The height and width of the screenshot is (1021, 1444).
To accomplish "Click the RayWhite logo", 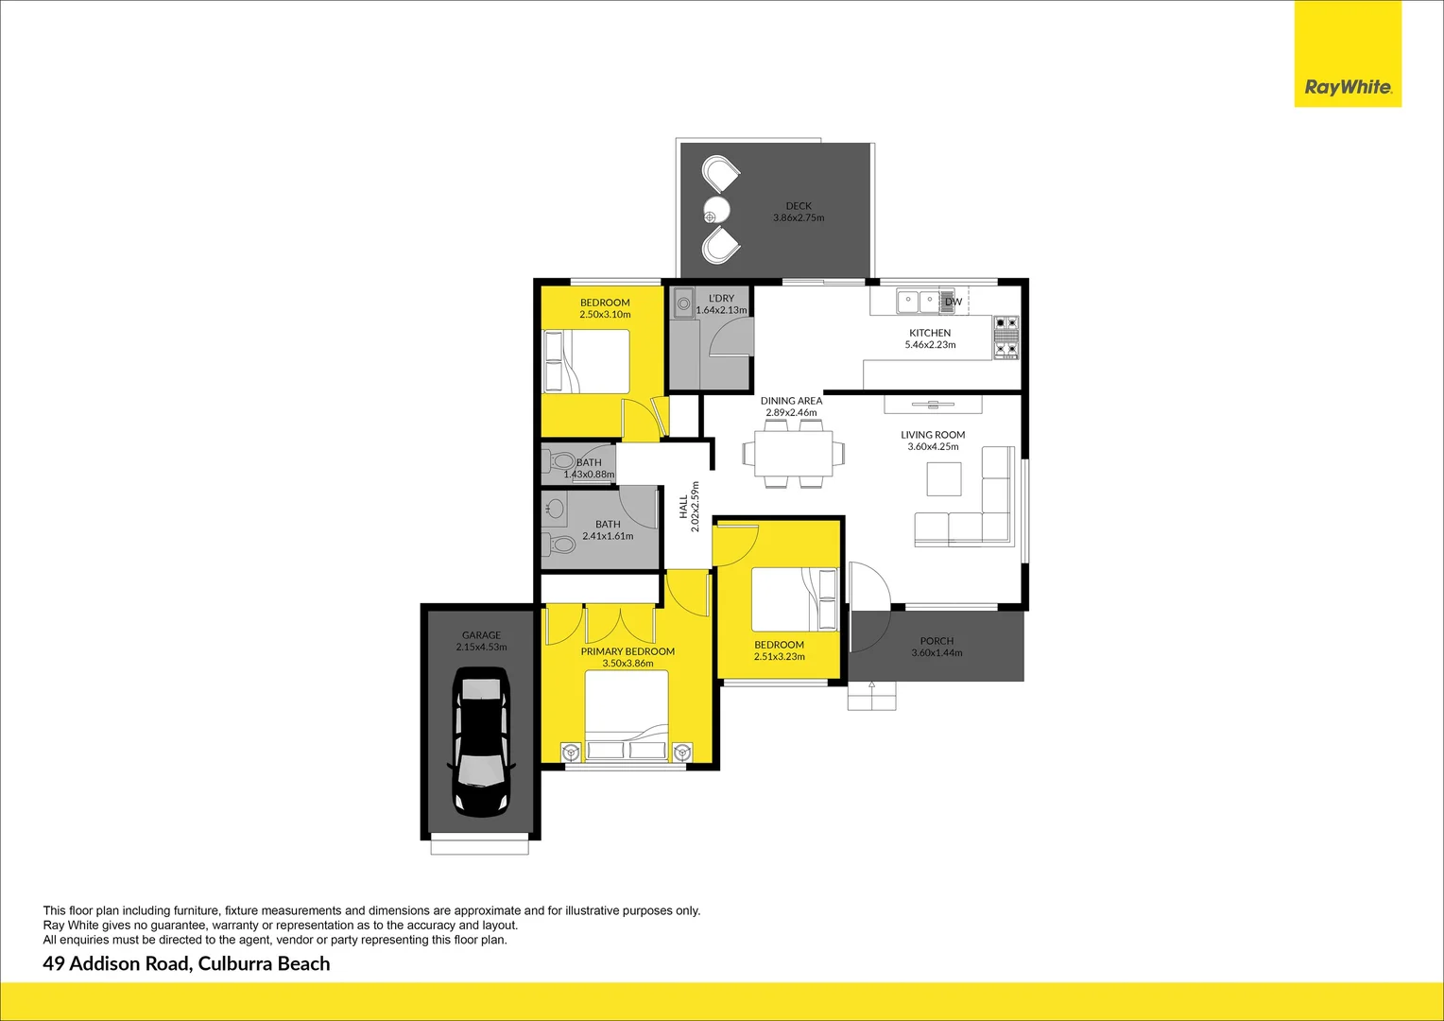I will click(1348, 87).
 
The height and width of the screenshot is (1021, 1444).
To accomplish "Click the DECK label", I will click(799, 206).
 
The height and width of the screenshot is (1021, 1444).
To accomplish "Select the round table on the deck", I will click(717, 209).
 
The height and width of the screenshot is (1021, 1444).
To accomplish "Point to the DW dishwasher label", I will click(954, 303).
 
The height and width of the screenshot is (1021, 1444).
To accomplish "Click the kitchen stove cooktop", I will click(1006, 338).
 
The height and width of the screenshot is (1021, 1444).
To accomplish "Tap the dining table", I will click(791, 454).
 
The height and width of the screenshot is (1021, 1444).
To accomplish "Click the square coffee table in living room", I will click(943, 478).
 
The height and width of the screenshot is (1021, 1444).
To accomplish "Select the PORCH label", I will click(937, 641).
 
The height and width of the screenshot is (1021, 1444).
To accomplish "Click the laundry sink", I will click(684, 303).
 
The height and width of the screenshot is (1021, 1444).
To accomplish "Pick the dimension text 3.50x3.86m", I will click(627, 664).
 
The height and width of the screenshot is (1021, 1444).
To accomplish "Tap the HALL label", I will click(683, 507).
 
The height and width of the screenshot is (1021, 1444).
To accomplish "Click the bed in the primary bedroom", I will click(627, 716).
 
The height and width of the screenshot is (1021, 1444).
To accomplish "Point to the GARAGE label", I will click(481, 635).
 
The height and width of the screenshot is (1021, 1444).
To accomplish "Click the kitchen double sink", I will click(918, 302).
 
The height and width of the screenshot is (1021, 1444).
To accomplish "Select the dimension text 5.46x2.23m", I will click(930, 345).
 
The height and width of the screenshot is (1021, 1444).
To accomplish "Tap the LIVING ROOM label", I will click(933, 435).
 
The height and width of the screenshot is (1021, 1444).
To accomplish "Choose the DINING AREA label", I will click(791, 401).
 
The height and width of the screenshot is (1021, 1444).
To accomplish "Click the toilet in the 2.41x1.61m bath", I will click(562, 545).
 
